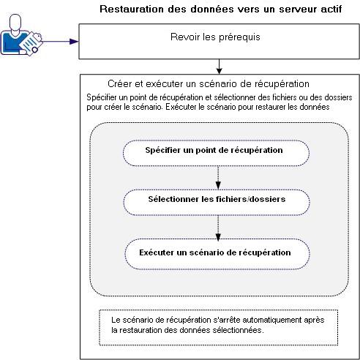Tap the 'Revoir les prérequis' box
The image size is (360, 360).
[218, 41]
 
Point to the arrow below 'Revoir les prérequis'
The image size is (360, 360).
[218, 66]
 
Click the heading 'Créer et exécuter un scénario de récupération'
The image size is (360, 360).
[198, 84]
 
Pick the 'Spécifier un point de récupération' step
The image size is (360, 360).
[214, 151]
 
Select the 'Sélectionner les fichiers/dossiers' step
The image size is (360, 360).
[214, 198]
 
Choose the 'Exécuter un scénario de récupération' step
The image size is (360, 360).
[214, 252]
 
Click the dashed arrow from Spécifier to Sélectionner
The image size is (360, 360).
[217, 175]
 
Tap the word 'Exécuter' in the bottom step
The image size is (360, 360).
[157, 252]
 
